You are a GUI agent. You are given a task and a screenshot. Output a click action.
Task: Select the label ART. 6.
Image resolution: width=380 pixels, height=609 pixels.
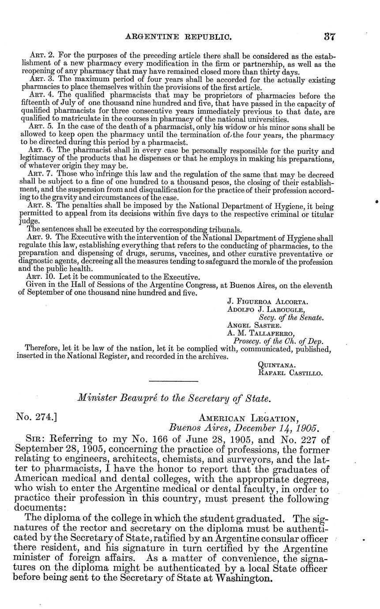click(38, 150)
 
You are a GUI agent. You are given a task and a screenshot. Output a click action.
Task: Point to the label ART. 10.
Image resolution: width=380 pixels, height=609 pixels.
click(40, 278)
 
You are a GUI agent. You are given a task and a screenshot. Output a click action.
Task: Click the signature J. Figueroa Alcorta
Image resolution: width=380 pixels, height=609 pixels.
click(267, 302)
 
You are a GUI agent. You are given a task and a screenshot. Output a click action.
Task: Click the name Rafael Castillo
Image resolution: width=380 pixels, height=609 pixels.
click(290, 372)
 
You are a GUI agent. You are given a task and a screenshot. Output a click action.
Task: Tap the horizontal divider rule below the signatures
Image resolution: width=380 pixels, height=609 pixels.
click(173, 381)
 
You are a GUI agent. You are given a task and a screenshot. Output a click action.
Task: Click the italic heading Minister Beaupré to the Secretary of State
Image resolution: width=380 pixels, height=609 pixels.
click(173, 398)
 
